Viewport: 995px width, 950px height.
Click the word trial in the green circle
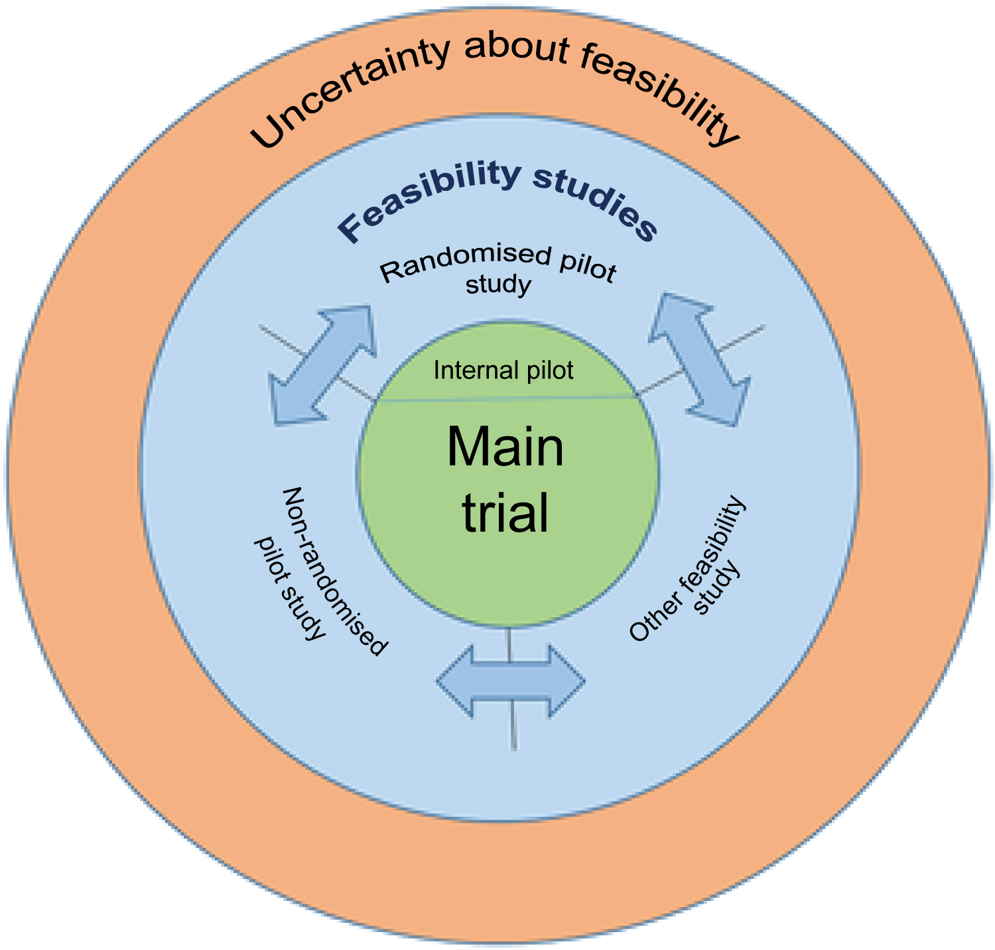point(505,512)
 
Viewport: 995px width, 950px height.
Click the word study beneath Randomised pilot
point(498,285)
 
